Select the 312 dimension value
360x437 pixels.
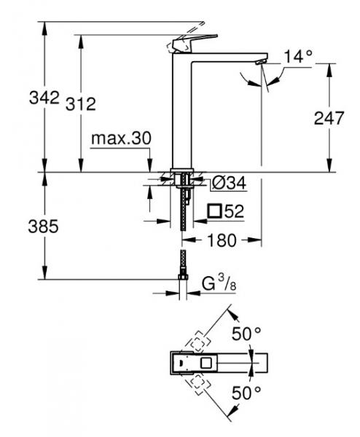[x=80, y=104]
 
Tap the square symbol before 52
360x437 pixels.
[x=214, y=212]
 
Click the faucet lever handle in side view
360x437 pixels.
[x=194, y=42]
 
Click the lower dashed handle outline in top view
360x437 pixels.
[x=198, y=382]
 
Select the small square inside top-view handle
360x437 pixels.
[x=207, y=361]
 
